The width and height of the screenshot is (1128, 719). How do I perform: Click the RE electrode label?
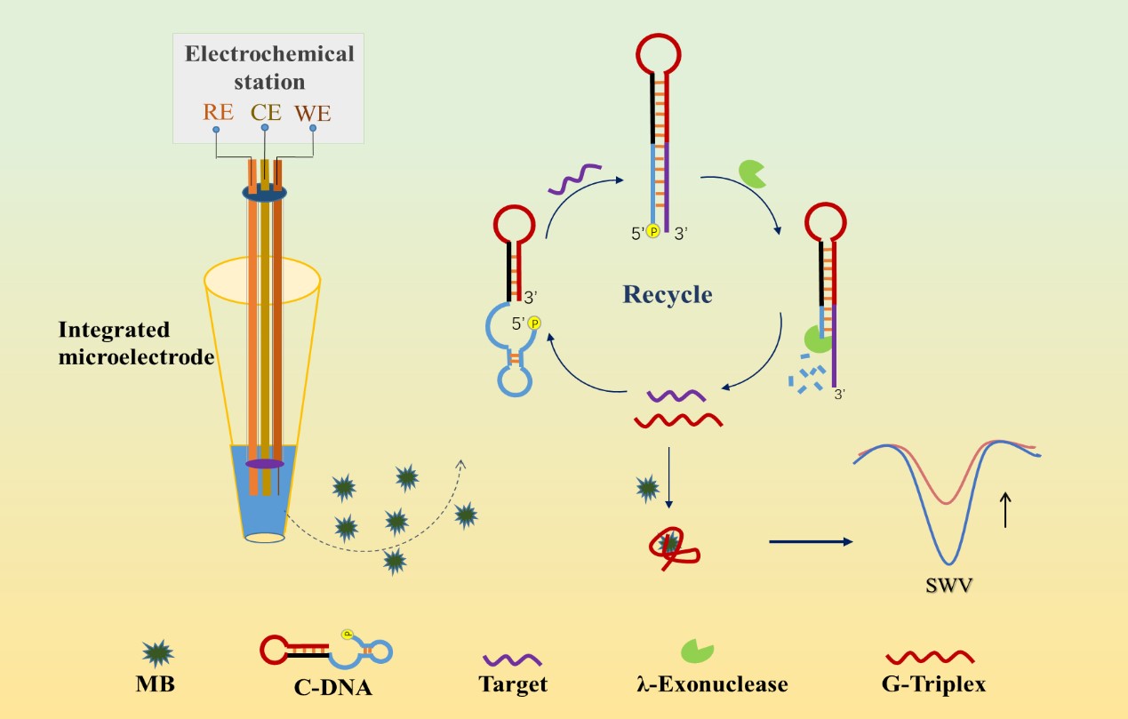[218, 113]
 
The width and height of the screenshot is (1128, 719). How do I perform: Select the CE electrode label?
[266, 113]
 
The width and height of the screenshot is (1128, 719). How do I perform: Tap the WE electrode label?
[313, 113]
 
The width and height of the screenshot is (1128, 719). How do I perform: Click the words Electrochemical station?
[269, 67]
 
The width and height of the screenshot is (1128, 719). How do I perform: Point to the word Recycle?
[668, 294]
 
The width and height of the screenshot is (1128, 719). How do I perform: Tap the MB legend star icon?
[158, 653]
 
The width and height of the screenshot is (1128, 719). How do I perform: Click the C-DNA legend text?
[331, 685]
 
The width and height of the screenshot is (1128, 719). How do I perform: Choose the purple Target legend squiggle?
[513, 660]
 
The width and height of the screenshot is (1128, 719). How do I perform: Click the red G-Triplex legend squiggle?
[931, 658]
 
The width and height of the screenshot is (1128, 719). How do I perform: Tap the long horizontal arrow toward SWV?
[809, 540]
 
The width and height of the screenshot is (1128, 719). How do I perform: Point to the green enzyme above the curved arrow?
[752, 173]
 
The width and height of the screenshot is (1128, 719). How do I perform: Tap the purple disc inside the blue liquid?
[265, 464]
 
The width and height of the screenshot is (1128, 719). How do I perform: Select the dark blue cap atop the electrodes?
[265, 192]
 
